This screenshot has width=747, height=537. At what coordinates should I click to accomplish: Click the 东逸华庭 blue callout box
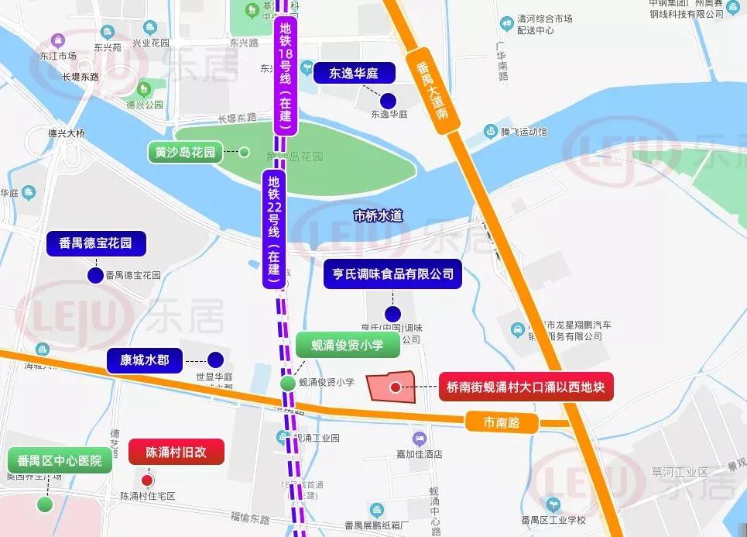(x=354, y=74)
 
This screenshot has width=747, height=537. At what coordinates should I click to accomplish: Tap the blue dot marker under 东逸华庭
(x=389, y=99)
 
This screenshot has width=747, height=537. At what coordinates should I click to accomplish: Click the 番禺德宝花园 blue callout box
(x=95, y=243)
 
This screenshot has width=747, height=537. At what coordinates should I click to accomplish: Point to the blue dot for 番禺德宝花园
(x=95, y=275)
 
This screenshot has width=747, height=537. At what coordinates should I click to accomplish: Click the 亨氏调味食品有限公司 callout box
(x=392, y=274)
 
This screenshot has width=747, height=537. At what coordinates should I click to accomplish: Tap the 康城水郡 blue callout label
(x=145, y=360)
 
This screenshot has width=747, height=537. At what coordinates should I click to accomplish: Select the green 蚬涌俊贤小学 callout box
(x=348, y=345)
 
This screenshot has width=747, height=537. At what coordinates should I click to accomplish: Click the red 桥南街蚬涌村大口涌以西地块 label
(x=526, y=387)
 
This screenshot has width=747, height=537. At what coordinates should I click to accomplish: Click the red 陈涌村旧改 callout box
(x=176, y=452)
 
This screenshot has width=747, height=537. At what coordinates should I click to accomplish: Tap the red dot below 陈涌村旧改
(x=147, y=480)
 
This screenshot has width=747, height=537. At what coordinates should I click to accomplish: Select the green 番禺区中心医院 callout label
(x=60, y=460)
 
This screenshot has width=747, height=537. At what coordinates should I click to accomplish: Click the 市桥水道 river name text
(x=378, y=216)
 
